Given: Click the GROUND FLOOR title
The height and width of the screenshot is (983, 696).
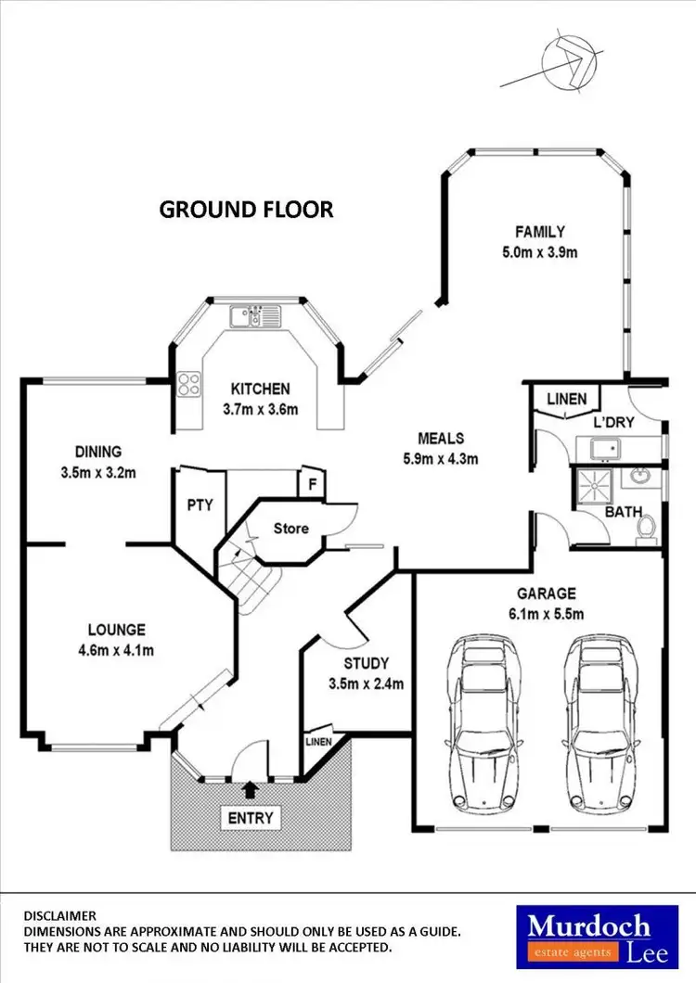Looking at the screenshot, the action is click(x=246, y=210).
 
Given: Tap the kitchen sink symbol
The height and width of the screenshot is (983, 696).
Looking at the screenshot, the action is click(x=255, y=316).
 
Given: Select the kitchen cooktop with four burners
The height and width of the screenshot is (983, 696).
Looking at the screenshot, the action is click(x=188, y=384).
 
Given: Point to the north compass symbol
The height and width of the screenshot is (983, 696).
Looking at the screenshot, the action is click(x=569, y=63).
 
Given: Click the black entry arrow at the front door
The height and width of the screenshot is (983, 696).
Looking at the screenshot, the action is click(x=250, y=789).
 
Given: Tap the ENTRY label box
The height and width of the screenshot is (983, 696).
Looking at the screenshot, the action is click(x=251, y=818).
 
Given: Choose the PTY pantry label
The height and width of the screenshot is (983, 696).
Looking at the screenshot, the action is click(x=200, y=505).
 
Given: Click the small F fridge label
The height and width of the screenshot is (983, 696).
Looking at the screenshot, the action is click(x=312, y=485).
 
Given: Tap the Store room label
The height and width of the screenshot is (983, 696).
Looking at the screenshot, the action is click(x=291, y=529).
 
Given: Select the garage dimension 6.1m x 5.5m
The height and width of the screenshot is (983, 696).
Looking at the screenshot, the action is click(x=546, y=614).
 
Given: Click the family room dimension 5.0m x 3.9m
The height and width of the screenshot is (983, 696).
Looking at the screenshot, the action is click(x=540, y=252).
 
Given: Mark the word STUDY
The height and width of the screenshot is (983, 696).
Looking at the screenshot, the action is click(x=366, y=663).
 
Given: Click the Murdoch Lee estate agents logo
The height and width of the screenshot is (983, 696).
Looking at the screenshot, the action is click(x=597, y=937).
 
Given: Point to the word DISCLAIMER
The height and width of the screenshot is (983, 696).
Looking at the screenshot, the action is click(x=60, y=916).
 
